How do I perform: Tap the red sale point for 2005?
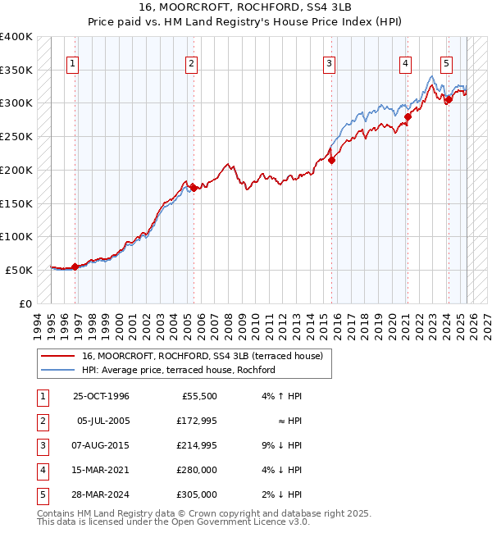(194, 188)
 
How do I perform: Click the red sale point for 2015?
(332, 161)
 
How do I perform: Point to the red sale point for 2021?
(408, 116)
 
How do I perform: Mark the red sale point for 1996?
(75, 266)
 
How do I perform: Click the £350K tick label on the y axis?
(16, 70)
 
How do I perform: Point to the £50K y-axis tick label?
(19, 270)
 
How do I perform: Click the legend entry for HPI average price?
(178, 370)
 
